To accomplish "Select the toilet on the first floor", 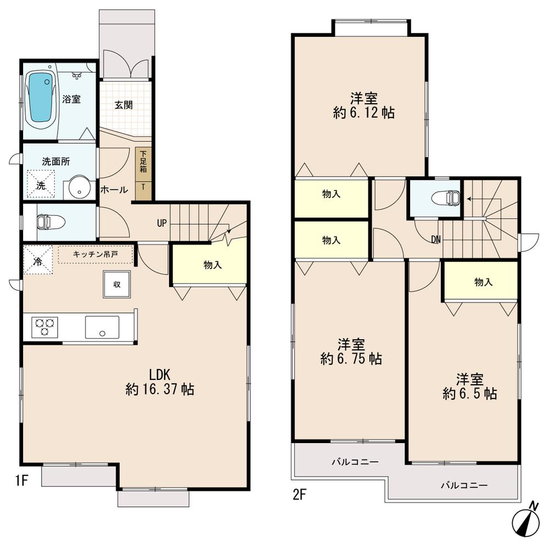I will pyautogui.click(x=50, y=222).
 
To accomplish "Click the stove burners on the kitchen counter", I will pyautogui.click(x=44, y=327).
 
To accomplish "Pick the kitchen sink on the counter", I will pyautogui.click(x=102, y=327).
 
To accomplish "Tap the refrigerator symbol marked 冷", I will pyautogui.click(x=38, y=259).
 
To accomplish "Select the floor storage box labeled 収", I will pyautogui.click(x=116, y=284).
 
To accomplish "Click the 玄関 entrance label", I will pyautogui.click(x=124, y=104).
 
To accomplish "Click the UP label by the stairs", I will pyautogui.click(x=162, y=223).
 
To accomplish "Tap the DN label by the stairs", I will pyautogui.click(x=435, y=239).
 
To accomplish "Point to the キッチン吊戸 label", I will pyautogui.click(x=96, y=254).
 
